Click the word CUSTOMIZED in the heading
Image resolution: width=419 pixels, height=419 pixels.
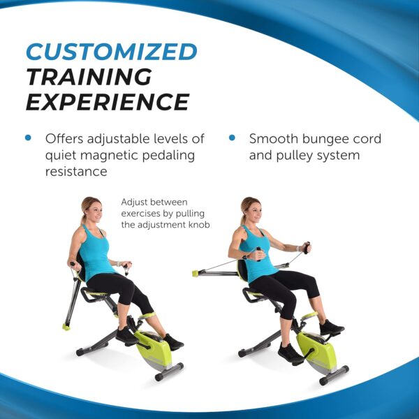pos(111,51)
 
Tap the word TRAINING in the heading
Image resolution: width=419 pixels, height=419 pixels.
pos(88,76)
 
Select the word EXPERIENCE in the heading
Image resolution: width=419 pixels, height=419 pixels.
pos(107,102)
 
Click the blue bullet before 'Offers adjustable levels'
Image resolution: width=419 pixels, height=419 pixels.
pos(28,138)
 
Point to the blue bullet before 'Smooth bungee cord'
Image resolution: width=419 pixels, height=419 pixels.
pos(232,138)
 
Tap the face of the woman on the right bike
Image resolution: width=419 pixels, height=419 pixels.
pos(253,209)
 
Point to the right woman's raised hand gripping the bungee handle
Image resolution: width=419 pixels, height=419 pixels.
pos(305,247)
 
